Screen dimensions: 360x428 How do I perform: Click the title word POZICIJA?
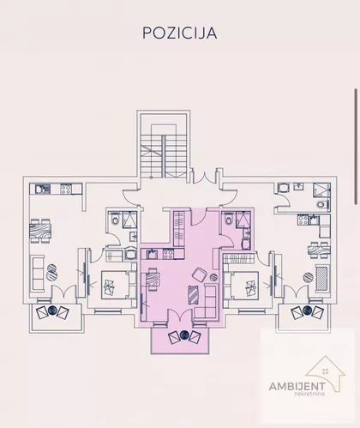point(180,33)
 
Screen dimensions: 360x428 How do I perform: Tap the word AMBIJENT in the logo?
point(297,387)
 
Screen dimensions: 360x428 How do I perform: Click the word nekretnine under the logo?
point(309,394)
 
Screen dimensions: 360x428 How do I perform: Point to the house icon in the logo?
point(326,371)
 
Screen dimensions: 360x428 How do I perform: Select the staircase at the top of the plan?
point(163,156)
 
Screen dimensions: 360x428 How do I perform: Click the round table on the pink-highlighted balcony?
point(184,335)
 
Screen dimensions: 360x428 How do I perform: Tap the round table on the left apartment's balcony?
point(52,310)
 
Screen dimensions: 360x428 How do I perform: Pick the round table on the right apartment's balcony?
point(308,310)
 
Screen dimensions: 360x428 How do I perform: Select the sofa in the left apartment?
point(38,274)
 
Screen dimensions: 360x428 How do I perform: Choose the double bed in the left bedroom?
point(119,285)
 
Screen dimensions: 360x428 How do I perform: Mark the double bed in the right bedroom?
point(241,285)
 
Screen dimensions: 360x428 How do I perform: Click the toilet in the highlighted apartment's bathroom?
point(229,220)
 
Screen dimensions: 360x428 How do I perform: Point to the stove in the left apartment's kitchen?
point(66,189)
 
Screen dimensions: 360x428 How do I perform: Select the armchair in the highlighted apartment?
point(200,274)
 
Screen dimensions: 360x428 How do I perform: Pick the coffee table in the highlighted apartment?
point(194,295)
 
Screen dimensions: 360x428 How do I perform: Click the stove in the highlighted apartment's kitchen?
point(168,254)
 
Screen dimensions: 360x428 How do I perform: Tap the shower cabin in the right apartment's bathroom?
point(321,190)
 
